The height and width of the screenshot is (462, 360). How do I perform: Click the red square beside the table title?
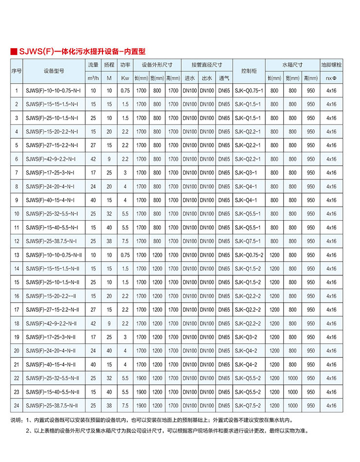(x=14, y=51)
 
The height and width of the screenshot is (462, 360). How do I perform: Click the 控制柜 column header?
(x=249, y=71)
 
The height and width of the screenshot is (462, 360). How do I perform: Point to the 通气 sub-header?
(x=224, y=78)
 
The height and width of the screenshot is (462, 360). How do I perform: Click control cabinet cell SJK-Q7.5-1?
(x=248, y=241)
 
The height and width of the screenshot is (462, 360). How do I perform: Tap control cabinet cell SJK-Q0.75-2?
(x=249, y=254)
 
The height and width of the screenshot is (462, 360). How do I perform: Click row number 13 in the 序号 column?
(x=17, y=254)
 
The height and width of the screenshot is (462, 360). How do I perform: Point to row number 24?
(x=17, y=405)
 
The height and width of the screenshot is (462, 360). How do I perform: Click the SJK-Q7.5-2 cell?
(x=248, y=405)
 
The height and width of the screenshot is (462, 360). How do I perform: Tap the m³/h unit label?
(x=93, y=78)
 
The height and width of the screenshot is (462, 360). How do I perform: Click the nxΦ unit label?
(x=331, y=78)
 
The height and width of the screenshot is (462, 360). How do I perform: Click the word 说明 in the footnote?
(x=16, y=420)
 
